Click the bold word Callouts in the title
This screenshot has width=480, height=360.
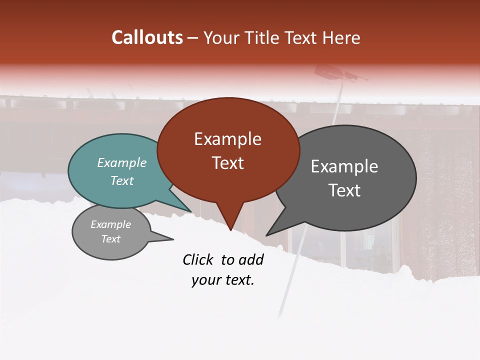[x=147, y=37]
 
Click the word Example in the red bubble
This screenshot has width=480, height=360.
[x=227, y=139]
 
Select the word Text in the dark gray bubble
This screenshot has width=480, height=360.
[x=344, y=190]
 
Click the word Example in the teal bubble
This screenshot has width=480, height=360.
[x=122, y=163]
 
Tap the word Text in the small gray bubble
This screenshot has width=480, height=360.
[x=111, y=239]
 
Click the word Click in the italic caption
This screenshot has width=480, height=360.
[x=198, y=259]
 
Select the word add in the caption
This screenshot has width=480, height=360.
[x=251, y=259]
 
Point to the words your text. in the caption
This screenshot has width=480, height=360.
[x=222, y=280]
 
